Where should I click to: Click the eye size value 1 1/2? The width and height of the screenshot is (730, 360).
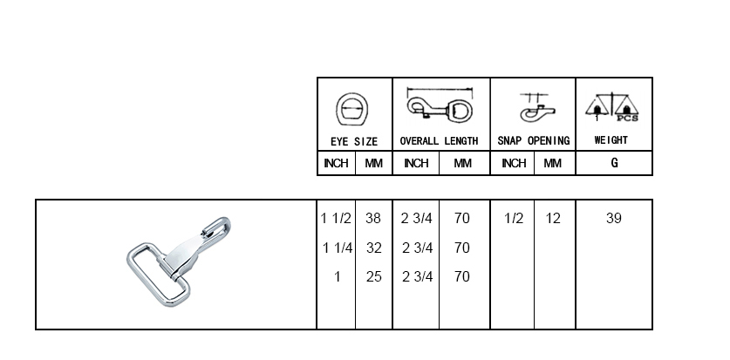[x=336, y=218]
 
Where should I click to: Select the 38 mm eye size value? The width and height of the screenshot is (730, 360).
[x=373, y=218]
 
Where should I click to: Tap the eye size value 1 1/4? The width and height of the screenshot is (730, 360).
[x=338, y=248]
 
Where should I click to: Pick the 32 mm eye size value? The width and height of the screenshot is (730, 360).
[x=374, y=248]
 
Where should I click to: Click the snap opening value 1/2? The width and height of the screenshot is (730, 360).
[x=514, y=218]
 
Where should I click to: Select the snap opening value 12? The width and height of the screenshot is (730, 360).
[x=553, y=218]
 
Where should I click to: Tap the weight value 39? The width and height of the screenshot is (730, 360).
[x=614, y=218]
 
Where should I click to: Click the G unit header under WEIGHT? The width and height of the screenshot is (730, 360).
[x=615, y=163]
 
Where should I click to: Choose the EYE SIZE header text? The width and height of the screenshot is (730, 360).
[x=354, y=141]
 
